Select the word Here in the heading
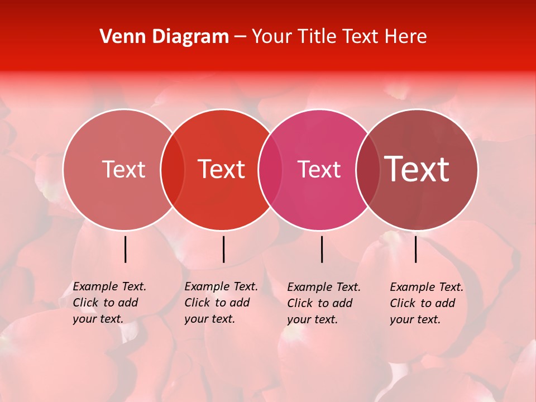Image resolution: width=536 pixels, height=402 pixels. pos(406,36)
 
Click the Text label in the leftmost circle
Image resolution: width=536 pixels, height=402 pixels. pos(123,169)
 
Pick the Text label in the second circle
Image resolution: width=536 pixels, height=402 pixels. pos(222,169)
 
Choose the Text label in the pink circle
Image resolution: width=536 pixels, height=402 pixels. pos(319,169)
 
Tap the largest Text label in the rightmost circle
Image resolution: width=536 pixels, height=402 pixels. pos(417,169)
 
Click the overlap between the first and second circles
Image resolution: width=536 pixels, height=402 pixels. pos(172,169)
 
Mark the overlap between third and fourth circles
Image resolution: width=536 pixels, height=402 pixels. pos(367,169)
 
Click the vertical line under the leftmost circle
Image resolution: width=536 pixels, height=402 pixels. pos(126,249)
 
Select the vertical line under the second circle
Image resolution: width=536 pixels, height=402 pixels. pos(223,249)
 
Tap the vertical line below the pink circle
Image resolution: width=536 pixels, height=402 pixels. pos(322,249)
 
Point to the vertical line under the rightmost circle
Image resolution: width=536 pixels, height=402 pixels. pos(416,249)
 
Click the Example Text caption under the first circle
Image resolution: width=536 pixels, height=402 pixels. pos(109,303)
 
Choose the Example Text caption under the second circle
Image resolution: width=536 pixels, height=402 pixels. pos(221,303)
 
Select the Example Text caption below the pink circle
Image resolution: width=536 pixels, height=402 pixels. pos(323,303)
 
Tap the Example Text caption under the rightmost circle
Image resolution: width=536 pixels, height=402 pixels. pos(426,303)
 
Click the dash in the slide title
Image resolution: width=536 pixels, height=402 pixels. pos(240,37)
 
